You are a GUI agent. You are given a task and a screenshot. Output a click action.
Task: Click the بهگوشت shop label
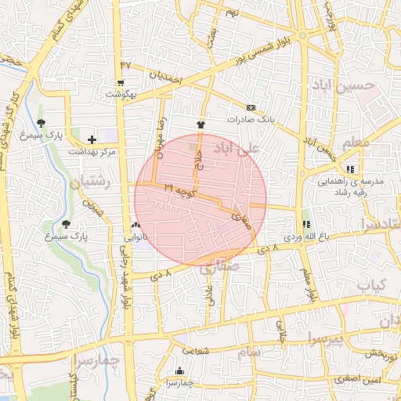(x=121, y=94)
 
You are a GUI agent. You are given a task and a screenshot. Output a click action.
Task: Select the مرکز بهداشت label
(x=92, y=150)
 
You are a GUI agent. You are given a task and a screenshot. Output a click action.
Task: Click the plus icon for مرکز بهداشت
(x=92, y=139)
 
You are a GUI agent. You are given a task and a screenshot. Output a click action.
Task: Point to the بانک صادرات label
(x=249, y=120)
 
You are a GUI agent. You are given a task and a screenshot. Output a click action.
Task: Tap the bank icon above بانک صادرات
(x=251, y=107)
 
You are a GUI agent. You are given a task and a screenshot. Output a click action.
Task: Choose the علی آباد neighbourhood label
(x=240, y=147)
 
